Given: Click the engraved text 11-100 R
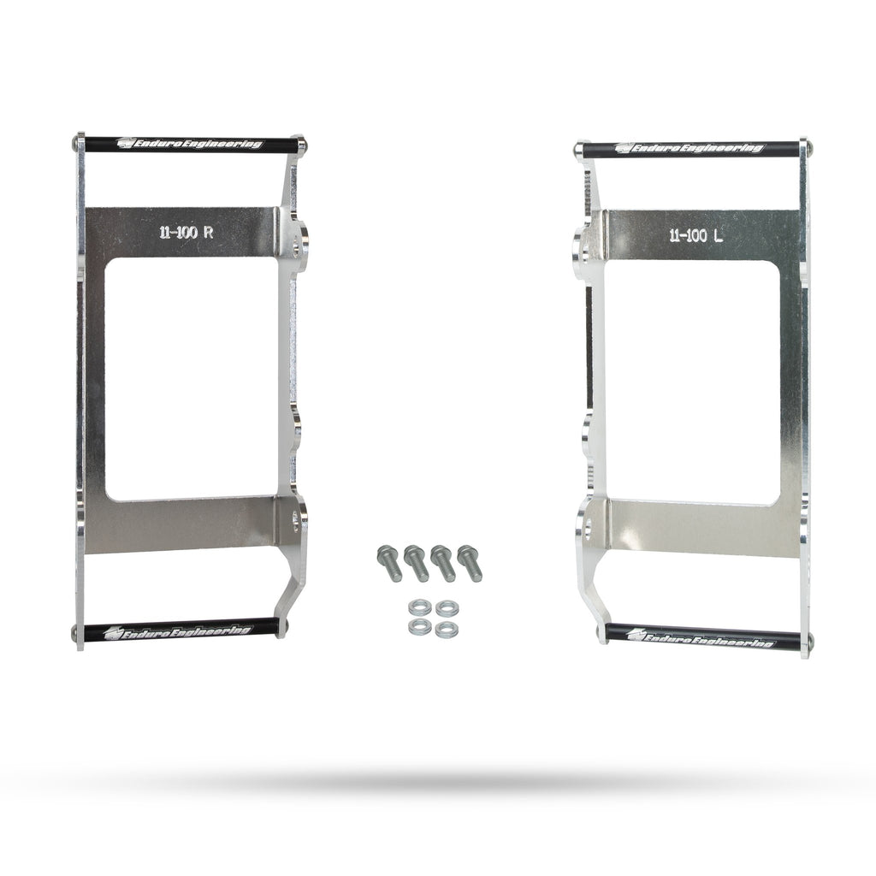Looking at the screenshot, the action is [x=186, y=233].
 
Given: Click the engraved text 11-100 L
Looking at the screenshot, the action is [x=696, y=236].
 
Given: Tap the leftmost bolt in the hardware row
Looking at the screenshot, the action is [x=389, y=563].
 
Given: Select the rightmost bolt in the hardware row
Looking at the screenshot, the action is [x=470, y=563].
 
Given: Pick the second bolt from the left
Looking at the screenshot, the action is [x=417, y=563].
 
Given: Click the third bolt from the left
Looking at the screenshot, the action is [x=443, y=563].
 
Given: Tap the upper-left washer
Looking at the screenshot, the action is [x=419, y=607].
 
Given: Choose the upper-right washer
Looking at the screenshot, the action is [x=447, y=608].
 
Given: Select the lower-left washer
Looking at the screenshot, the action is [x=419, y=627].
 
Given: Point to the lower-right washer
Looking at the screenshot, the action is [x=447, y=630].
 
